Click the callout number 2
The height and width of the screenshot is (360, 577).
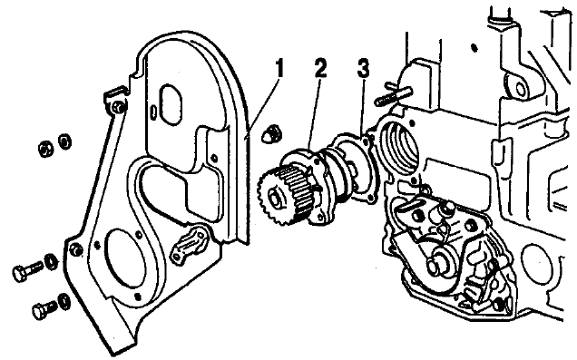coord(320,68)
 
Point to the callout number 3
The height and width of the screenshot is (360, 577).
coord(363,69)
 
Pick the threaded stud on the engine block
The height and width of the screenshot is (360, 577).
coord(393,95)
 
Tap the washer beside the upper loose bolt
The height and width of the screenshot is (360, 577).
coord(51,261)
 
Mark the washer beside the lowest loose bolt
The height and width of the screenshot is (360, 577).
coord(64,301)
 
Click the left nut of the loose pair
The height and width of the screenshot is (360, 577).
coord(45,148)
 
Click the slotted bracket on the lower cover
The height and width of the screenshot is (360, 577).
coord(189,244)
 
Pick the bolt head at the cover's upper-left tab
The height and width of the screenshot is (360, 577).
coord(119,107)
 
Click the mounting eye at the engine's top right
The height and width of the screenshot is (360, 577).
coord(521,88)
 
